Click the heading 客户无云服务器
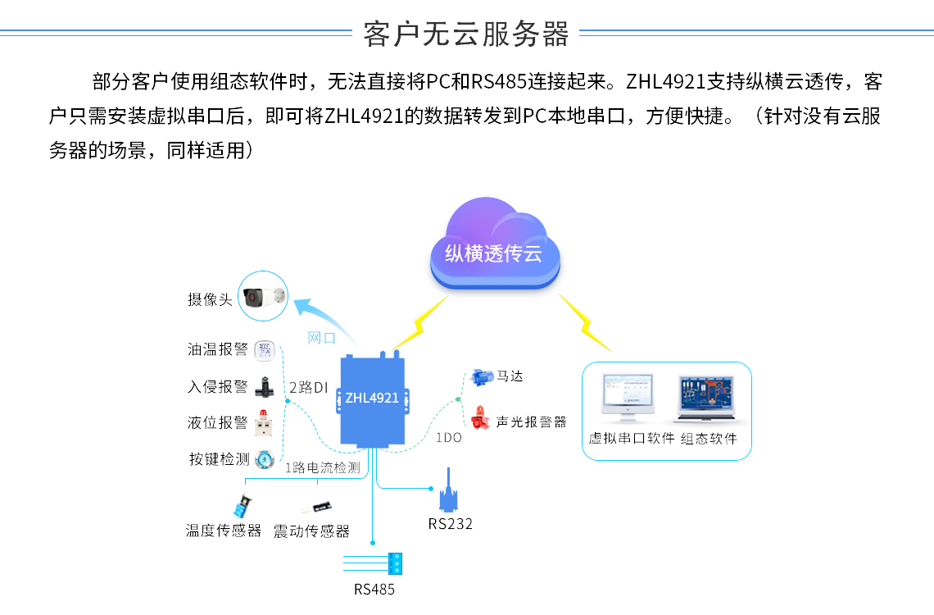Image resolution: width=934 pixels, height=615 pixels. click(x=466, y=34)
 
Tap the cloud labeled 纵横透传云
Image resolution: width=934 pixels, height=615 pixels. click(x=494, y=250)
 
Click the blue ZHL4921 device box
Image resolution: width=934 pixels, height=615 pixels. click(x=373, y=399)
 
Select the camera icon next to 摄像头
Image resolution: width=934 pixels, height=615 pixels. click(x=263, y=297)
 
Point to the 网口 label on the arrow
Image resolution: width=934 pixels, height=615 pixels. click(x=321, y=338)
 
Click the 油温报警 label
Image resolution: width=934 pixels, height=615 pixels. click(x=218, y=349)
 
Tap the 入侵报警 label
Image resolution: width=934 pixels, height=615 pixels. click(x=218, y=386)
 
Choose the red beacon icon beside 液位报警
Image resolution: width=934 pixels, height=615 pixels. click(x=263, y=423)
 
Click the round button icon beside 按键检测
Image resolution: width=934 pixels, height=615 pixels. click(x=263, y=459)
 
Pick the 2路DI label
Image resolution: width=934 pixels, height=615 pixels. click(x=310, y=387)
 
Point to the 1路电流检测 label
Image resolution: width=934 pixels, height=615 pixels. click(x=323, y=468)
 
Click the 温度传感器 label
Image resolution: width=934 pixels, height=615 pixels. click(x=224, y=531)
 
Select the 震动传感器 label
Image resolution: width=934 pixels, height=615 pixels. click(x=311, y=531)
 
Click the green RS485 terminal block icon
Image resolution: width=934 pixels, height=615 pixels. click(x=396, y=563)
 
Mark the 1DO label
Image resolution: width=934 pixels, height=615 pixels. click(x=448, y=438)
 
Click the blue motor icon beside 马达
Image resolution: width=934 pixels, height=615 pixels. click(x=481, y=378)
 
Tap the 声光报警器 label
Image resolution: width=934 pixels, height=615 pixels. click(x=531, y=422)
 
